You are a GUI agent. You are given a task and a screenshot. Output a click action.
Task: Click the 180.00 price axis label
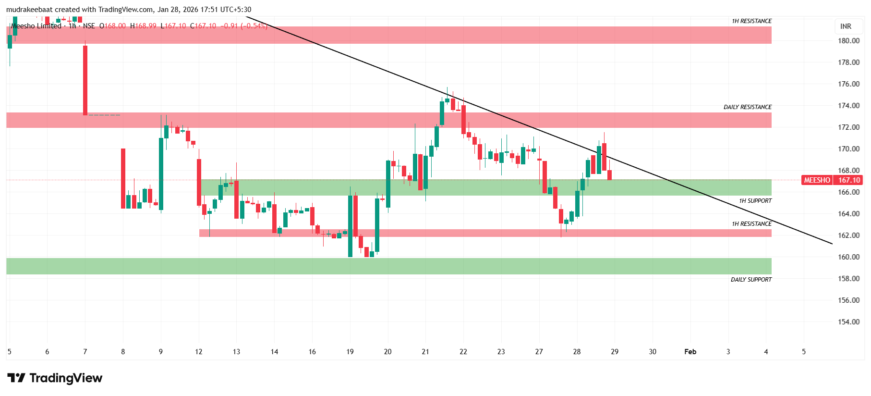[x=848, y=41]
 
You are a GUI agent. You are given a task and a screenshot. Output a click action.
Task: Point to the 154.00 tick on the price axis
[x=848, y=322]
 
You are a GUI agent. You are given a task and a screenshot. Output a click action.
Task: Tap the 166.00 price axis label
[x=848, y=192]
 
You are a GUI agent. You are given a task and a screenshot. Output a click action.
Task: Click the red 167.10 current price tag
[x=849, y=180]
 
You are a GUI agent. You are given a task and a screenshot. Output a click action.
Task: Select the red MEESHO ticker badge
[x=817, y=180]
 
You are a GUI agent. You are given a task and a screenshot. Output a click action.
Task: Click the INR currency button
[x=846, y=26]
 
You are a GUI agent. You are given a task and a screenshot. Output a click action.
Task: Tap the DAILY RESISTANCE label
[x=748, y=107]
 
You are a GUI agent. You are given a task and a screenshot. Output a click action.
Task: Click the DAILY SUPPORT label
[x=751, y=280]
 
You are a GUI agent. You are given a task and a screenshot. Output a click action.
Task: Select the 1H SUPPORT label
[x=755, y=201]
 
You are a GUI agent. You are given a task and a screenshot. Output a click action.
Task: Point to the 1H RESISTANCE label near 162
[x=751, y=224]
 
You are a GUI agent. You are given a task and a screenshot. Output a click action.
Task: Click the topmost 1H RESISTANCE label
[x=751, y=21]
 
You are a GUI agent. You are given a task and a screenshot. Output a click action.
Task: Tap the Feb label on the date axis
[x=690, y=352]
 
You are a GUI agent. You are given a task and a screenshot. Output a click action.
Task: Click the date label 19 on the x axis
[x=350, y=352]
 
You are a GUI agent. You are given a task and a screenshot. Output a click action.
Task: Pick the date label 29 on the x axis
[x=615, y=352]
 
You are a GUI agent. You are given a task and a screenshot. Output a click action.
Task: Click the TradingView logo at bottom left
[x=55, y=378]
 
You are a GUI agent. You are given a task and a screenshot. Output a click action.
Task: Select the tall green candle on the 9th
[x=161, y=173]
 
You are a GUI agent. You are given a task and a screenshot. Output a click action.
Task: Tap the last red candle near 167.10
[x=610, y=175]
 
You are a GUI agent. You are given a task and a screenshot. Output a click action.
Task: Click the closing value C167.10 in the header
[x=203, y=26]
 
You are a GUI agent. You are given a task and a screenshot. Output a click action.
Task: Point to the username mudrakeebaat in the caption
[x=28, y=10]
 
